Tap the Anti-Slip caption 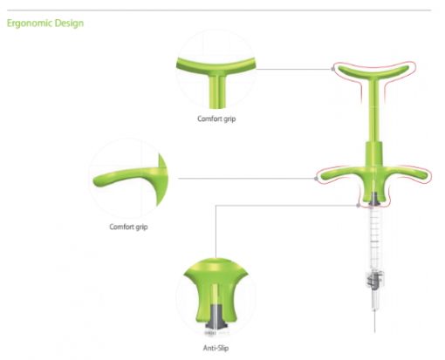216,348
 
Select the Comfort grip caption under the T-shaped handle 216,119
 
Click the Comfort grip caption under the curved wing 128,227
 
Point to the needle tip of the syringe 374,331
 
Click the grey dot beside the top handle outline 332,69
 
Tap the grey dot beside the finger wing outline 317,179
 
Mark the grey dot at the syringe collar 358,206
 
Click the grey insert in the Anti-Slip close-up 216,317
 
